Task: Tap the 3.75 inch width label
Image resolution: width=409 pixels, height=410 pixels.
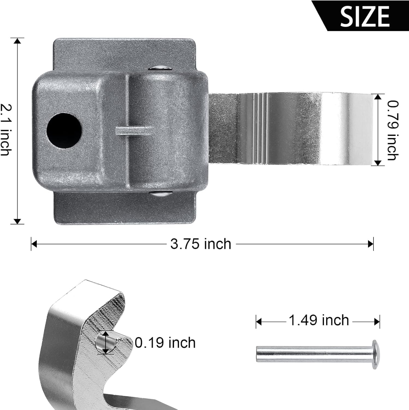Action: [x=201, y=244]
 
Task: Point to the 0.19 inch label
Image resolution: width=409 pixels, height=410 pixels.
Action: [x=165, y=343]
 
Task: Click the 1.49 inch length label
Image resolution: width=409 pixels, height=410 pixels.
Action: [x=319, y=320]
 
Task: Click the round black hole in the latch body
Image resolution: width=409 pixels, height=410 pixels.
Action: [x=64, y=130]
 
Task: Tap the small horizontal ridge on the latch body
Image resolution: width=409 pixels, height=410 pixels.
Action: [x=132, y=130]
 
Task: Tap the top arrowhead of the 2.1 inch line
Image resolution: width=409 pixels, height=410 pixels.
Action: [x=17, y=41]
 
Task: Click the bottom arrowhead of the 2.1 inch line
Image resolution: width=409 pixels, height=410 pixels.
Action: [x=17, y=221]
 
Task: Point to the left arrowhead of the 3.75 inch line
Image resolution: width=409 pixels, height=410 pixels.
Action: [x=34, y=244]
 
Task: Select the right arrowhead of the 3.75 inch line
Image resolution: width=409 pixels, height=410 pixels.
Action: [x=371, y=244]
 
